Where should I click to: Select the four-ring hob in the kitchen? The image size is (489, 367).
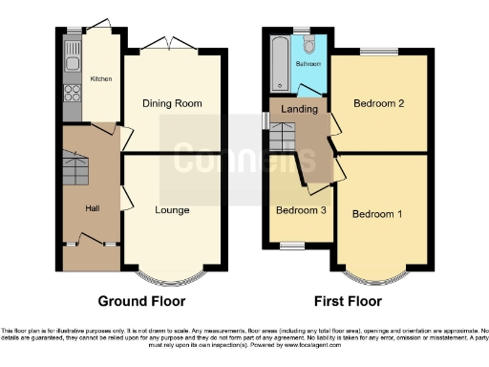coord(73,94)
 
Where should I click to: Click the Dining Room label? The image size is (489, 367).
coord(175,102)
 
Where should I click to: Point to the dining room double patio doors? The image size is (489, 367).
coord(172,43)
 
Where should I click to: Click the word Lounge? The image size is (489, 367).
coord(174,209)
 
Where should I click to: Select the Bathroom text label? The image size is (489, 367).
coord(308,65)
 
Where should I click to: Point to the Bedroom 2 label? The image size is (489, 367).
coord(377,103)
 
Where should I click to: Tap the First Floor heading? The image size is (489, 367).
coord(347,300)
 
